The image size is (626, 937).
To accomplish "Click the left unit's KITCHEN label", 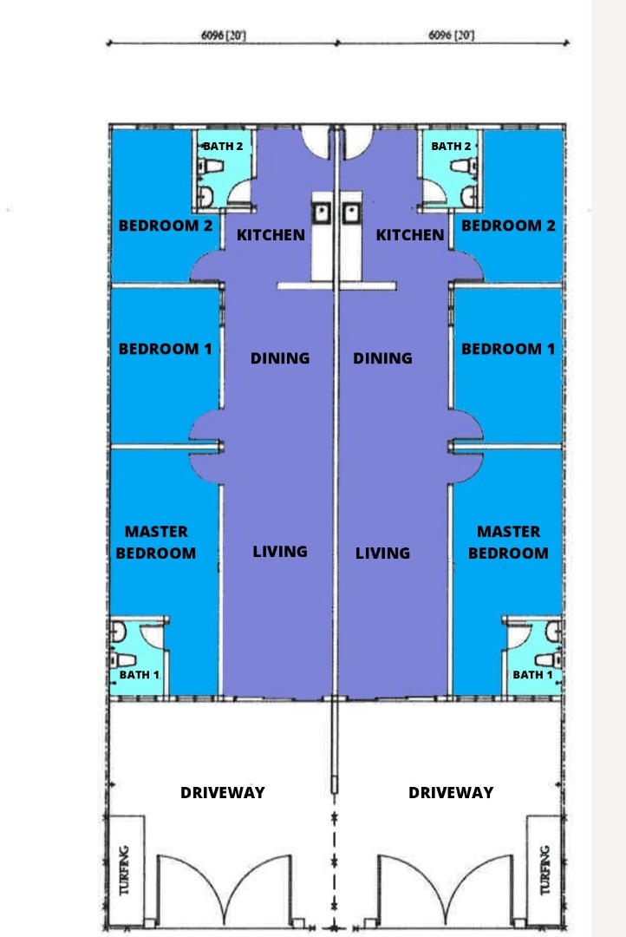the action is coord(271,235).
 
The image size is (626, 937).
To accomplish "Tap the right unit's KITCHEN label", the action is coord(410,235).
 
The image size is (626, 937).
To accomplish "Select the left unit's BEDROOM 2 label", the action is coord(166,226).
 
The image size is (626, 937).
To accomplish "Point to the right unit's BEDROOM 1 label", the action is coord(508,349).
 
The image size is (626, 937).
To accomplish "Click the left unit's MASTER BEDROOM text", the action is coord(156,542).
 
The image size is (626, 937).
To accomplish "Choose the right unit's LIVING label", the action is coord(382,553).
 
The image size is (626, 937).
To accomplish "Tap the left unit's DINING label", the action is coord(279,358).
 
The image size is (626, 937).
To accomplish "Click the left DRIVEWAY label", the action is coord(222,792).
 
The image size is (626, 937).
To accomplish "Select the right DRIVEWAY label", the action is coord(451,792).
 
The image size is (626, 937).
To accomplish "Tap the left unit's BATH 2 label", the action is coord(223,146).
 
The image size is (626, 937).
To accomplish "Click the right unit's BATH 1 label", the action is coord(532,675).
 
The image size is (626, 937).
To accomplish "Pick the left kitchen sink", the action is coord(322,213).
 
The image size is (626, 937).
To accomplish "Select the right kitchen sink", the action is coord(350,213).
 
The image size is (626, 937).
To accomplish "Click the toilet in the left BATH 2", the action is coord(208,166).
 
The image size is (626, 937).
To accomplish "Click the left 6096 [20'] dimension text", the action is coord(224,36).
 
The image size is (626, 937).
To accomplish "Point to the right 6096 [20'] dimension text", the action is coord(451,36).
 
